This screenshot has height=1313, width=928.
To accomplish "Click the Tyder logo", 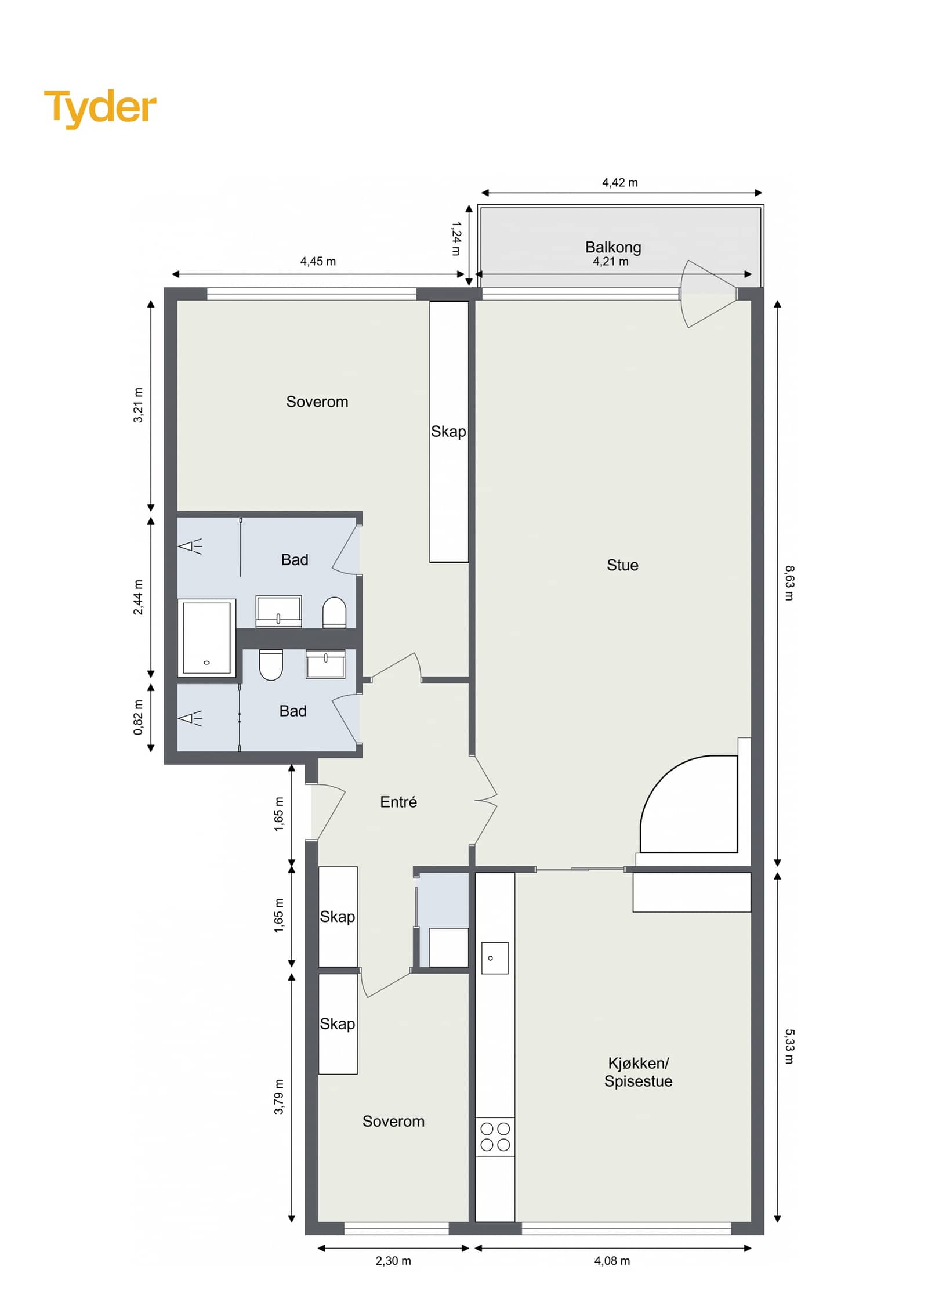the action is pos(100,108).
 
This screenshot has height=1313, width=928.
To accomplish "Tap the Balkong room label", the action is pos(613,247).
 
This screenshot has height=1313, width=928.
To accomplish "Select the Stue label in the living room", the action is pos(622,565).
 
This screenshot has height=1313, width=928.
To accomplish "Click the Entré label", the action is pos(398,802).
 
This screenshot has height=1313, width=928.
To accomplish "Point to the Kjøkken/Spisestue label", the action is pos(638,1072).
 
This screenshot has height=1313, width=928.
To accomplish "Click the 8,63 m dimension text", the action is pos(789,583).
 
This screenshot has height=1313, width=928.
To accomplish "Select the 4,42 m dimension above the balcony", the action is pos(620,183).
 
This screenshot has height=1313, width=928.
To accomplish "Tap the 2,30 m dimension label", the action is pos(393,1261).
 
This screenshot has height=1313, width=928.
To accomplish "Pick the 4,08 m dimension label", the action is pos(612,1261).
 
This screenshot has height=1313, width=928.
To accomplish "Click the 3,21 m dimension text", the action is pos(138,405).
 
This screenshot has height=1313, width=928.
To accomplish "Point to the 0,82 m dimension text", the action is pos(138,717).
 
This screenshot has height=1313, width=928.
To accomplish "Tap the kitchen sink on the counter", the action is pos(495,958).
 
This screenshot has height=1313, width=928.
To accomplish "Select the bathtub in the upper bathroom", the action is pos(206,638).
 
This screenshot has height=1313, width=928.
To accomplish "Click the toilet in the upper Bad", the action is pos(334,613).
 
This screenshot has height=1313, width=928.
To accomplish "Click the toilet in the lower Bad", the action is pos(271,664).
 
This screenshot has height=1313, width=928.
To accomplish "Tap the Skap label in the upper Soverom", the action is pos(448,432).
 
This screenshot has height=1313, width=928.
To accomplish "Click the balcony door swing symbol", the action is pos(708,294).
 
